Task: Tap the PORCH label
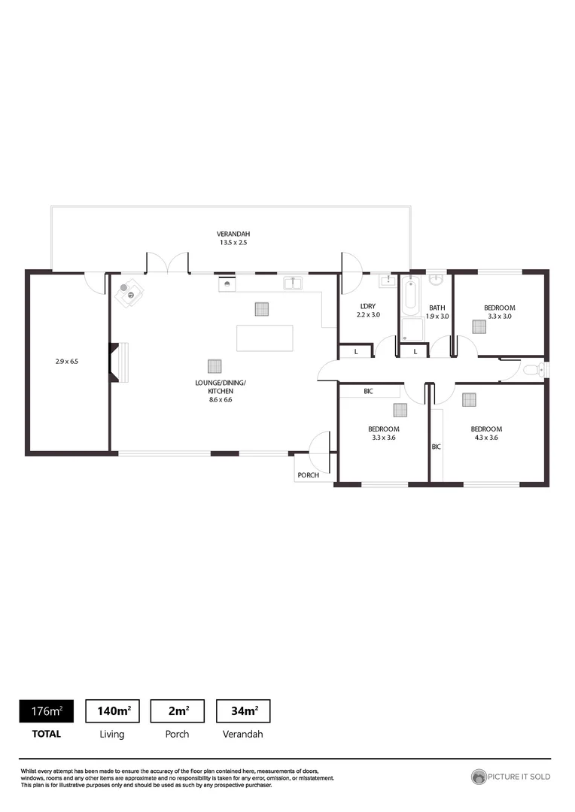point(308,475)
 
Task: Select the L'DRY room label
point(368,306)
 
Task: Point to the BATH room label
point(437,308)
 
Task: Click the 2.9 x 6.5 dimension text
point(67,362)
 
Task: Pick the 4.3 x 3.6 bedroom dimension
point(485,438)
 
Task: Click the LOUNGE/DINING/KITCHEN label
point(221,387)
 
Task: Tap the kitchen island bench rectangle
point(264,338)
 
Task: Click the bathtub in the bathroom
point(411,297)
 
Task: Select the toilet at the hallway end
point(532,369)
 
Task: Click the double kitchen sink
point(293,283)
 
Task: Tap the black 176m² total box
point(46,710)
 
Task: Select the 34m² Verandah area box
point(242,710)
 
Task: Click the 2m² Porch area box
point(178,710)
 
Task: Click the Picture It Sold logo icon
point(479,777)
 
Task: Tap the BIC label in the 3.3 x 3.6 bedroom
point(368,392)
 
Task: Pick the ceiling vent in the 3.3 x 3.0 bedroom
point(479,326)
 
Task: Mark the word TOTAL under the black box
point(46,734)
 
